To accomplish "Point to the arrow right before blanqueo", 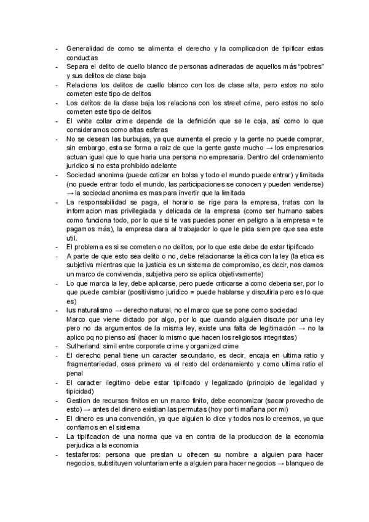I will (282, 464).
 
